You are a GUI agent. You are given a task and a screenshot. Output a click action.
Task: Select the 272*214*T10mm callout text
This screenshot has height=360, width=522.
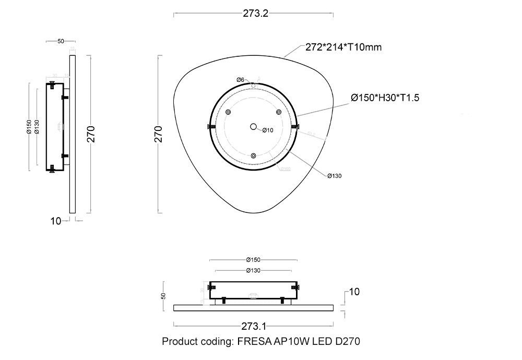coord(343,47)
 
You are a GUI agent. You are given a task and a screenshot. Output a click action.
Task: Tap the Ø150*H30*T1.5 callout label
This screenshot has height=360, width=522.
coord(385,98)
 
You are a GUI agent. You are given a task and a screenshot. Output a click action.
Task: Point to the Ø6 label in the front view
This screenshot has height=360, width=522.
coord(240,79)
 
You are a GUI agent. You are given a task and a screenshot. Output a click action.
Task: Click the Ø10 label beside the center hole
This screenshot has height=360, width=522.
coord(268,130)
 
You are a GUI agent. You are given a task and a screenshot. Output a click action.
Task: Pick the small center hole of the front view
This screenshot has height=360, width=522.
coord(253,126)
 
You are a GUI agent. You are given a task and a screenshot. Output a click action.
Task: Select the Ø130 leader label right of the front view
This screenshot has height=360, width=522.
coord(335,176)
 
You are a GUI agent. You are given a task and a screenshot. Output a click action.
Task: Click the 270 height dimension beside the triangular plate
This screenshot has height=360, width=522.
coord(159,134)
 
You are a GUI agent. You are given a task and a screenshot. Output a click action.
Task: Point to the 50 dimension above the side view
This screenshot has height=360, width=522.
coord(61,41)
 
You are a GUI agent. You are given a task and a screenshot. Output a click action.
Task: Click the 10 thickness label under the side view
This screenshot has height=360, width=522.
coord(56,221)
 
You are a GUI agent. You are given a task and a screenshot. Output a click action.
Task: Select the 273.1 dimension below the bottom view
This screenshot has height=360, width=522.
coord(254,327)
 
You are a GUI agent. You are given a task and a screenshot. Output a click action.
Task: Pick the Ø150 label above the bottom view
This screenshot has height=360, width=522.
coord(253,259)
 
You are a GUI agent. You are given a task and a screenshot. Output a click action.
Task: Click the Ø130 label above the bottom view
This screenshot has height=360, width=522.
coord(253,270)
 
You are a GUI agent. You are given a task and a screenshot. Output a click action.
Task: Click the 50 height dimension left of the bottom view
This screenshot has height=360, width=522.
coord(163,296)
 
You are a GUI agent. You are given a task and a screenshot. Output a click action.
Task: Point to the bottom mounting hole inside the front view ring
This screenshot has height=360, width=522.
coord(253,155)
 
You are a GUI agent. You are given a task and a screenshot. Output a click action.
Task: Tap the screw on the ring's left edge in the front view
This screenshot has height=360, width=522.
coord(211,127)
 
